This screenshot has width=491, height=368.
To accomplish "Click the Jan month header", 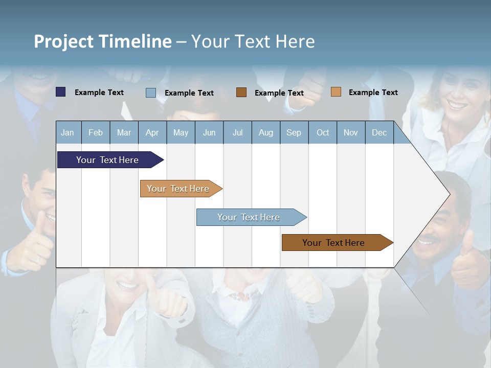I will coord(68,132).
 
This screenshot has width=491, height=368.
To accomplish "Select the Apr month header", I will coord(152,132).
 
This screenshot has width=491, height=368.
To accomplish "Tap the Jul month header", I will coord(237,132).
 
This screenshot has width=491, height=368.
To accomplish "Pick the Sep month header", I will coord(294,132).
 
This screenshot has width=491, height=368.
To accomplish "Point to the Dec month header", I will coord(379,132).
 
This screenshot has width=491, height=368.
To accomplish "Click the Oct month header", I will coord(323,132).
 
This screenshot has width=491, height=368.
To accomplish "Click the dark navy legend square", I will coord(61,92).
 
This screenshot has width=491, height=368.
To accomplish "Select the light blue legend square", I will coord(151,93).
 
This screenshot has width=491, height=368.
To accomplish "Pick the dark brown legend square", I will coord(241,93).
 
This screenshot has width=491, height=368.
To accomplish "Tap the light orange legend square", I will coord(336,92).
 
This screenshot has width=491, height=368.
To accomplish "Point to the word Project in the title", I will coord(64,41).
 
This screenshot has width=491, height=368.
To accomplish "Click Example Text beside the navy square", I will coord(99,93).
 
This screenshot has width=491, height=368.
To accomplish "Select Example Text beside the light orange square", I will coord(373,93).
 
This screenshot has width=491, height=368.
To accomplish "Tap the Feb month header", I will coord(96,132).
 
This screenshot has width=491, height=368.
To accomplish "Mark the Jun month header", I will coord(209,132).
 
